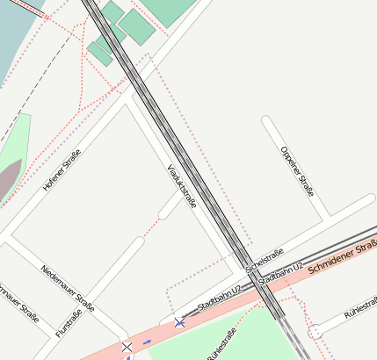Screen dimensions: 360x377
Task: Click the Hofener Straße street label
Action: coord(62,170)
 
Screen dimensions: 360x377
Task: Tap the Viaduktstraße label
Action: coord(182,185)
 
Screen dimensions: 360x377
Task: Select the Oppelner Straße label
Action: coord(297,170)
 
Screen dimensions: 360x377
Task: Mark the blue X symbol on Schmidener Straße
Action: coord(180,323)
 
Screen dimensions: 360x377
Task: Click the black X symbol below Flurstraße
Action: coord(127,349)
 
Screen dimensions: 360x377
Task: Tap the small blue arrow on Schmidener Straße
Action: coord(146,341)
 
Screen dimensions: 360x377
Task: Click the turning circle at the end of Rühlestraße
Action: coord(315,331)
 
